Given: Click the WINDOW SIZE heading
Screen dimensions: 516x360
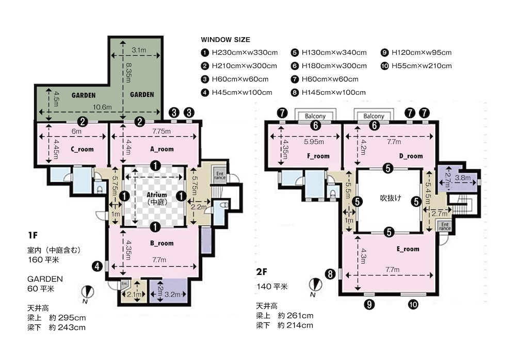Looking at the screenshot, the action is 225,40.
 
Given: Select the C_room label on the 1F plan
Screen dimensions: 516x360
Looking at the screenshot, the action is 82,149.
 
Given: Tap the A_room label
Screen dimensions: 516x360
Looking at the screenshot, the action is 162,149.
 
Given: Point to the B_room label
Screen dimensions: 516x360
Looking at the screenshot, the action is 162,243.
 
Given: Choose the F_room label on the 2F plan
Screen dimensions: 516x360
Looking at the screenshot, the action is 318,156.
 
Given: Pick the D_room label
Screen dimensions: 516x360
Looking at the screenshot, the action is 411,156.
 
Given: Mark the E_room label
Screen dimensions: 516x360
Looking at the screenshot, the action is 408,249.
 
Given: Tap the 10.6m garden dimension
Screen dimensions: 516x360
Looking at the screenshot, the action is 102,107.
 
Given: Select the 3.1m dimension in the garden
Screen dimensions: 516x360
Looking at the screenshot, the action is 139,50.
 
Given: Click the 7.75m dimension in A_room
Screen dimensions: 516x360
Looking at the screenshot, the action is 162,131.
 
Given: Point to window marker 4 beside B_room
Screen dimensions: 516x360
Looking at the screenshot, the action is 97,266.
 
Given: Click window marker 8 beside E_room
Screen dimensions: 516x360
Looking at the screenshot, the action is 330,274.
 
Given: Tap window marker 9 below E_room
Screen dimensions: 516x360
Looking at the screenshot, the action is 369,304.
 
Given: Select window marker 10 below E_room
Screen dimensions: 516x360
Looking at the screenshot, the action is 413,304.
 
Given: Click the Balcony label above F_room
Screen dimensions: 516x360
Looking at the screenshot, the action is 315,116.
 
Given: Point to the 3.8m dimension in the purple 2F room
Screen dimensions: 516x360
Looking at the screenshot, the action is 463,178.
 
